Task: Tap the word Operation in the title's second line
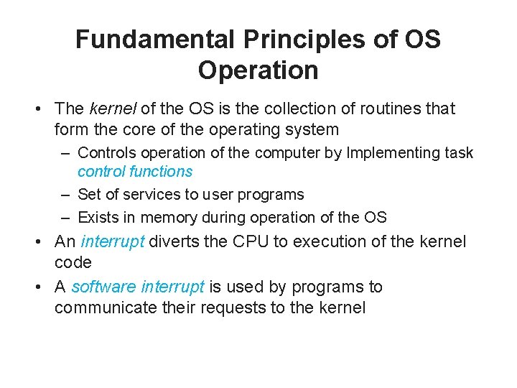(x=258, y=70)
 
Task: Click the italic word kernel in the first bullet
(x=113, y=108)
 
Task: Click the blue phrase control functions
(x=135, y=171)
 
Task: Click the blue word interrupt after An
(x=113, y=242)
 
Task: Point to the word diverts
(x=174, y=242)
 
